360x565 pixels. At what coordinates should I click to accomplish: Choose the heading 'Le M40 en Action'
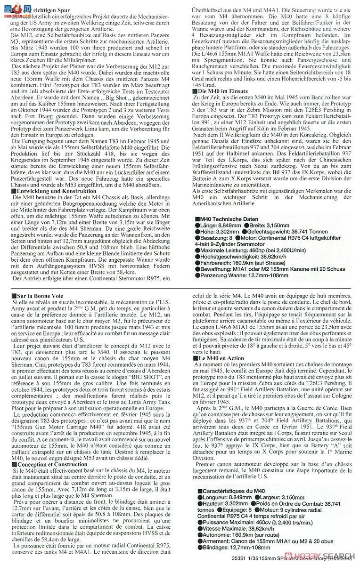219,358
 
